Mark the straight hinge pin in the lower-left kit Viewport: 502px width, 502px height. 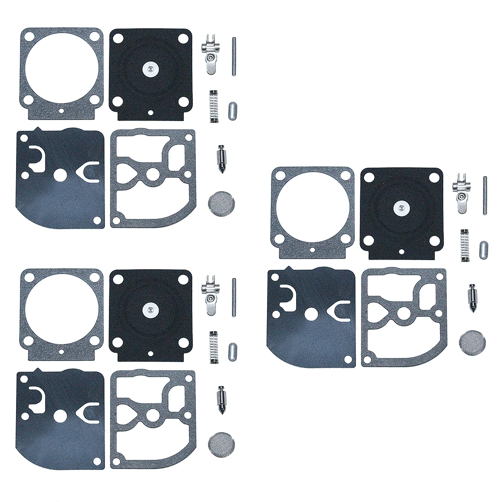(234, 298)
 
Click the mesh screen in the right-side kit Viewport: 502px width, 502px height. (469, 341)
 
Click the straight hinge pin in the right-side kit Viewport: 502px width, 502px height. (485, 195)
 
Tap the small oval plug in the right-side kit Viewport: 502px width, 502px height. (483, 248)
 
